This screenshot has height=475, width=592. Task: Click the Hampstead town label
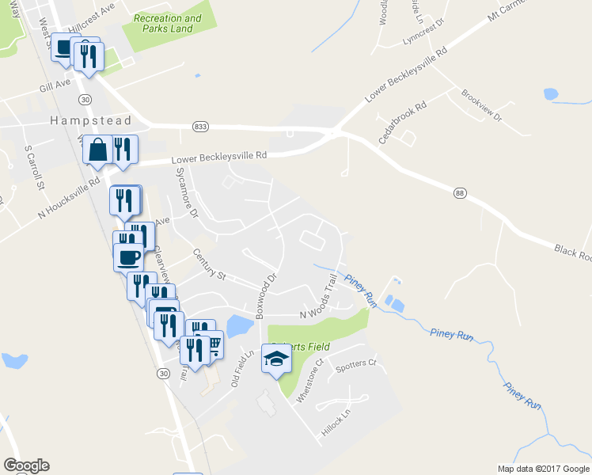pos(78,121)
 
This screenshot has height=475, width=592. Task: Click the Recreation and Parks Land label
pos(168,24)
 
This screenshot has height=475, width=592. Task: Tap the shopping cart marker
pos(213,344)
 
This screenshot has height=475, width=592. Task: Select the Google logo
pos(26,465)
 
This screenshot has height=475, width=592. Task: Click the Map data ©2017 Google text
pos(543,469)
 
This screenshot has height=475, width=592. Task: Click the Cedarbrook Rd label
pos(403,122)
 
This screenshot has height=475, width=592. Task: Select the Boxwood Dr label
pos(266,296)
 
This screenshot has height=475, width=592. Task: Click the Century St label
pos(210,264)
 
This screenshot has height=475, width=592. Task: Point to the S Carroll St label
pos(33,167)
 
